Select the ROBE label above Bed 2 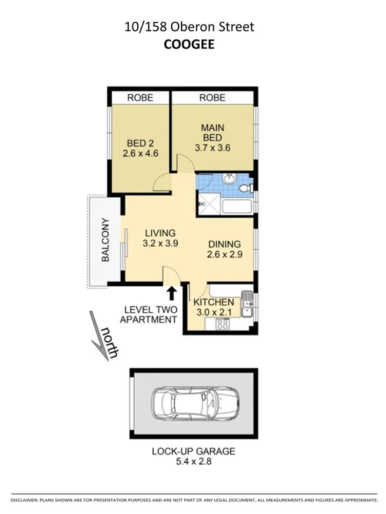pos(140,98)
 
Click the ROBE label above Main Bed pos(212,98)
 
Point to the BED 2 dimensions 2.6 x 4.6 pos(140,153)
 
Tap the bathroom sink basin pos(231,179)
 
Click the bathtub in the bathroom pos(237,206)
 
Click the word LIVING pos(159,232)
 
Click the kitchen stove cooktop pos(223,324)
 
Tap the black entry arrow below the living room pos(171,293)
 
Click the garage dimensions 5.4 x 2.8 pos(193,463)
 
